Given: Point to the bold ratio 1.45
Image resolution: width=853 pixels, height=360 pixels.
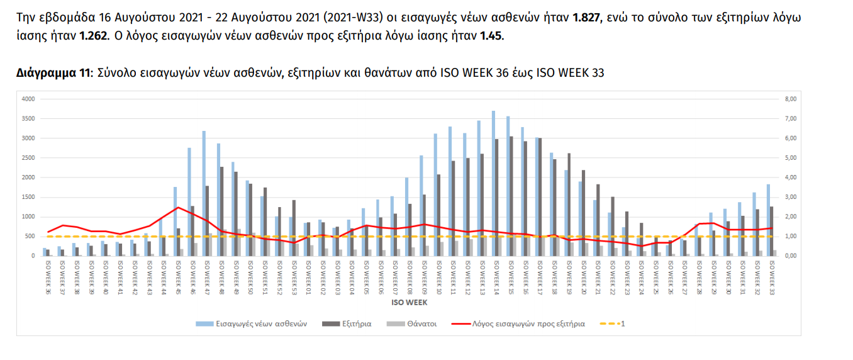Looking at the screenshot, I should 491,36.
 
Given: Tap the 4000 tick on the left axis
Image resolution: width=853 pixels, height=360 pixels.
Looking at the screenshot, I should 28,99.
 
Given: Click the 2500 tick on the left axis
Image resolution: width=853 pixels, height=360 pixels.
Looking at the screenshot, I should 28,158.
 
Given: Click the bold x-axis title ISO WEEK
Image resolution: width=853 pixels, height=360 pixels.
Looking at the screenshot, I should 410,302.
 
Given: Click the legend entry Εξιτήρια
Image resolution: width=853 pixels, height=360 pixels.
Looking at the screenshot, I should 355,324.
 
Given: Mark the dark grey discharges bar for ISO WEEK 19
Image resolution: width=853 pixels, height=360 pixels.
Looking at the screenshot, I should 570,205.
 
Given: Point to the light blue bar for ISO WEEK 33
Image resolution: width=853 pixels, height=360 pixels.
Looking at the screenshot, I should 768,220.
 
